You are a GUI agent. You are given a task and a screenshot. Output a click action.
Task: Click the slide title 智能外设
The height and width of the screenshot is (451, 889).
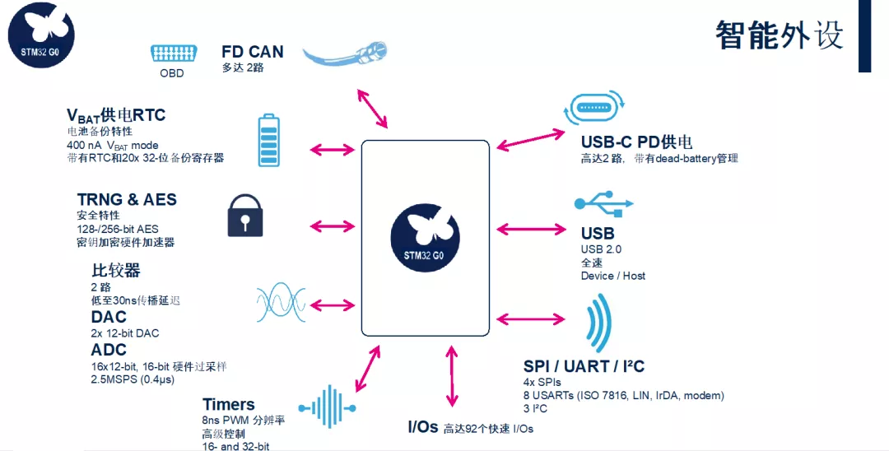[779, 35]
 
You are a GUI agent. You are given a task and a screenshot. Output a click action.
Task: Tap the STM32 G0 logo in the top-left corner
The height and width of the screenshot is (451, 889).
[41, 35]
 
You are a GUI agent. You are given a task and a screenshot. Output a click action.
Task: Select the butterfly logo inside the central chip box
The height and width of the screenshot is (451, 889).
[425, 237]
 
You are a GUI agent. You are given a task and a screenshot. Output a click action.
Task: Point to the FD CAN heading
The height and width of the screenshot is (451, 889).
[252, 52]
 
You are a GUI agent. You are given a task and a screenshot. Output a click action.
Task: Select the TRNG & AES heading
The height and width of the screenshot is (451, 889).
[127, 200]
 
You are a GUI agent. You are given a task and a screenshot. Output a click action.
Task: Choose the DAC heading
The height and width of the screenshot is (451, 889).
[109, 317]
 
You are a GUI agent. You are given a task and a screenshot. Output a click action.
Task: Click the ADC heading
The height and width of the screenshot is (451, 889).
[109, 350]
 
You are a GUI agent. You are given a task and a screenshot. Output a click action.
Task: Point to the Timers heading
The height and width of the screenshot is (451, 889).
[228, 404]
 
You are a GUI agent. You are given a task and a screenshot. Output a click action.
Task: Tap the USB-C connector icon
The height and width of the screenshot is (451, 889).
[595, 108]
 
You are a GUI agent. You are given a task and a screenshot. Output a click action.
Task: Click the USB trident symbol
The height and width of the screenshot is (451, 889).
[604, 202]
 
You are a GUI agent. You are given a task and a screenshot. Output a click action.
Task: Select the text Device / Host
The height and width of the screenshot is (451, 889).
[612, 276]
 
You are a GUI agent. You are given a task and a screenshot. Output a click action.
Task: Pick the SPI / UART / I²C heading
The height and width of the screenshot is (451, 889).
[584, 366]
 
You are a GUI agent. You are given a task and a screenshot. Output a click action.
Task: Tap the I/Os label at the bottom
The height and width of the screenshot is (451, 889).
[422, 428]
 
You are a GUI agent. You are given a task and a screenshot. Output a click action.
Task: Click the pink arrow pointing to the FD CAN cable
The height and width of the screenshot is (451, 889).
[372, 107]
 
